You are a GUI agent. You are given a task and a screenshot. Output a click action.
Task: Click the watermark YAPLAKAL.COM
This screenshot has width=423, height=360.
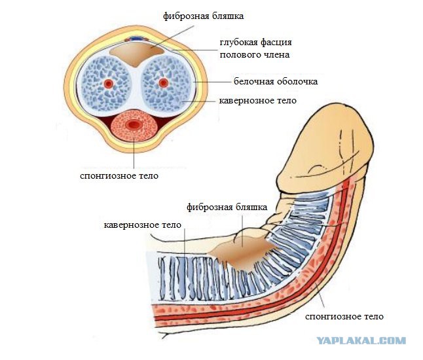click(361, 340)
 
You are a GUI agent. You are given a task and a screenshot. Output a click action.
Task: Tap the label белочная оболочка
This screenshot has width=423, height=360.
click(276, 81)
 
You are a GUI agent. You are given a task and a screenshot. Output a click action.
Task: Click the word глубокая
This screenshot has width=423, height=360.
click(239, 43)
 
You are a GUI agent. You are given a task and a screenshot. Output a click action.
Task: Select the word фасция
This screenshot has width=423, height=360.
click(276, 43)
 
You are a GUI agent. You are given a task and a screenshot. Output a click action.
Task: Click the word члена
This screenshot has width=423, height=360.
click(276, 55)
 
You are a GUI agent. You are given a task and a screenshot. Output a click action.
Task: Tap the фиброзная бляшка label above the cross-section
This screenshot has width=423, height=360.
click(203, 16)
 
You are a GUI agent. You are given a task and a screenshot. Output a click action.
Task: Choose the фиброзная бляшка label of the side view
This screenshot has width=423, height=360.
click(227, 207)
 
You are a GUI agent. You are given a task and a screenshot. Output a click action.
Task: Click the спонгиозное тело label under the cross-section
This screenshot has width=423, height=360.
click(119, 176)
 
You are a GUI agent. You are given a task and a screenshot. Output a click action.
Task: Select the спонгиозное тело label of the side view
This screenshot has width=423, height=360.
click(344, 316)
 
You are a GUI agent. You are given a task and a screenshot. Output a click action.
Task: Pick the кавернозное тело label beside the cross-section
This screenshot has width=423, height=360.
click(257, 101)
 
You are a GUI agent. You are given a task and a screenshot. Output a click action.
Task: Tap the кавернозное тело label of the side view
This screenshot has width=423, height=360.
click(143, 225)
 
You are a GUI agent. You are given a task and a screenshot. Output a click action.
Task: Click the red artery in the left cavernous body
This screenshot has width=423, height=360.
click(109, 84)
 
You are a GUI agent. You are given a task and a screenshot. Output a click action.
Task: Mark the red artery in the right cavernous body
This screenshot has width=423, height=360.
click(163, 82)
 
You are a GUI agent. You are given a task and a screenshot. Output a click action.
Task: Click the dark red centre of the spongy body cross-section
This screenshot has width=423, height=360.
click(133, 125)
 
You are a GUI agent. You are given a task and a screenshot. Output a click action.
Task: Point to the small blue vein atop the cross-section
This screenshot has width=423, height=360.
click(138, 39)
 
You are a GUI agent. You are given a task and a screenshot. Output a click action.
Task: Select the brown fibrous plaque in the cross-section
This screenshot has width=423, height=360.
click(137, 54)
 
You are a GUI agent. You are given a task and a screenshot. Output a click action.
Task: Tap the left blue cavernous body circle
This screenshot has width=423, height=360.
click(106, 84)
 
